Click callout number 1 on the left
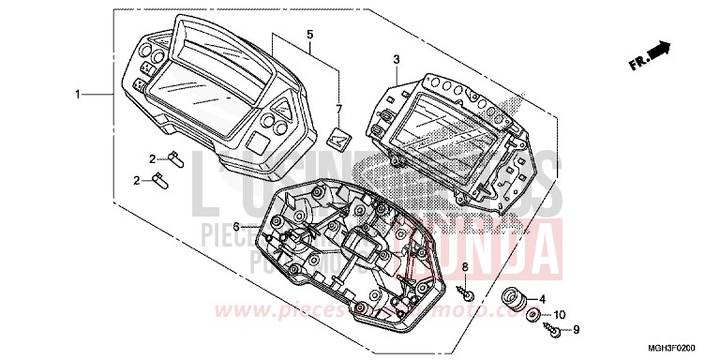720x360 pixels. pos(80,95)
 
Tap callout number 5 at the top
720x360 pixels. pos(308,35)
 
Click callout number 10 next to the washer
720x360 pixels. pos(561,313)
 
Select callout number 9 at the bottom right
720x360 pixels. pos(577,329)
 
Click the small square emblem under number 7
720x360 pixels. pos(341,138)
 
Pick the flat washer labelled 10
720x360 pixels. pos(532,314)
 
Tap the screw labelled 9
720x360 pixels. pos(552,329)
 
